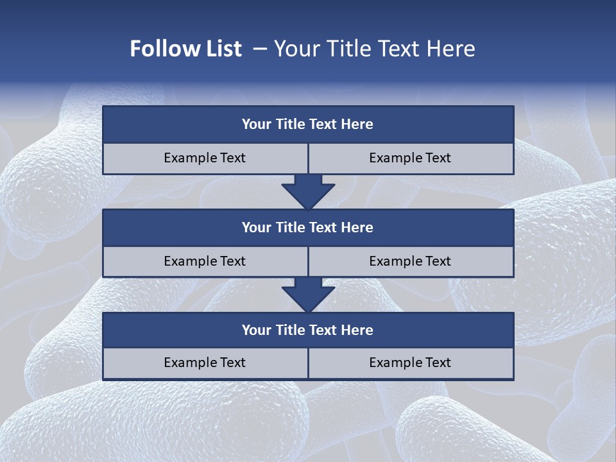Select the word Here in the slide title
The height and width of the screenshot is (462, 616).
pos(452,49)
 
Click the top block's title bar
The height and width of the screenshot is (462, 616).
pos(308,124)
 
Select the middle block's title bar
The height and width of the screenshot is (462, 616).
pos(308,227)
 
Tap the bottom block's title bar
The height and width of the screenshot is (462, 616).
pos(308,330)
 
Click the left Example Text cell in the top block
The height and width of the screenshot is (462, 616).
pos(205,158)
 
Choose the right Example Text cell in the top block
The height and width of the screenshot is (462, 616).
pos(411,158)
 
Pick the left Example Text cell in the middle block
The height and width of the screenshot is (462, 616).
pos(205,261)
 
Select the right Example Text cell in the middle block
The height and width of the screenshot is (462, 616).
pos(411,261)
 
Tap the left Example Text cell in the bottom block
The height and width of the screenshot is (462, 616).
pos(205,363)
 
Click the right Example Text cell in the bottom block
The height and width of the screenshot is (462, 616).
pos(411,363)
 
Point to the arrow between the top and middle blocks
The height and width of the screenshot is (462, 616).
pos(308,192)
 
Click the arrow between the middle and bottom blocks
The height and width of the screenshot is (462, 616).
pos(308,295)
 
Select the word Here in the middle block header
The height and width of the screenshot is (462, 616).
pos(357,227)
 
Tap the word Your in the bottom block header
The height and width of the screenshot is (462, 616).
pos(257,330)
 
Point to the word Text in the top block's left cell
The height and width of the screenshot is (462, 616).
pos(232,158)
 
